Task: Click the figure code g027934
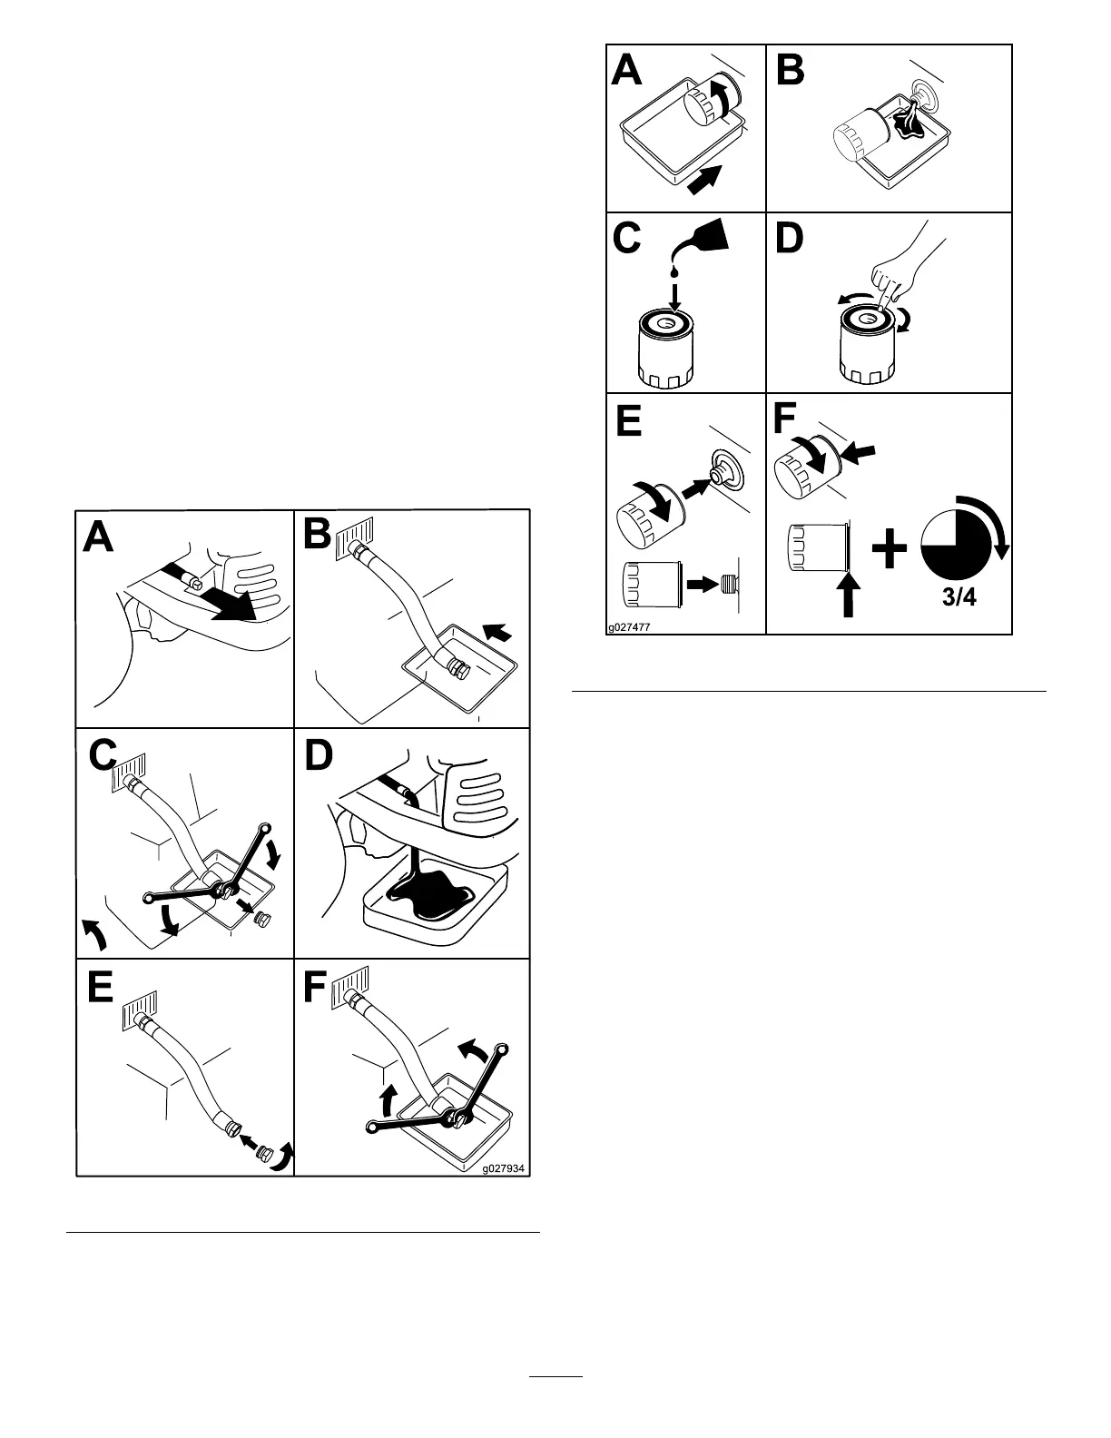click(504, 1168)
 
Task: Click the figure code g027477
click(630, 626)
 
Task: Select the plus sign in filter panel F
click(890, 550)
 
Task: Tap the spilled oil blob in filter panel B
click(901, 121)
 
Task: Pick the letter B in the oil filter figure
click(791, 70)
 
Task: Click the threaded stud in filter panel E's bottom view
click(728, 585)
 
